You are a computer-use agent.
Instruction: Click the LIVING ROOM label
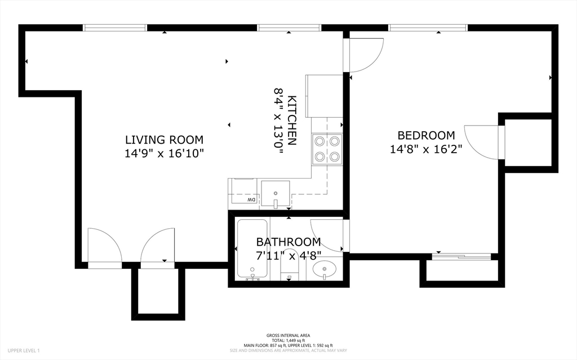pyautogui.click(x=164, y=140)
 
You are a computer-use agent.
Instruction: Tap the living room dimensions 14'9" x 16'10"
pyautogui.click(x=164, y=153)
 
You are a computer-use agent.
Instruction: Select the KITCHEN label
pyautogui.click(x=292, y=121)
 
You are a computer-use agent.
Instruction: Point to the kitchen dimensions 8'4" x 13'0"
pyautogui.click(x=278, y=121)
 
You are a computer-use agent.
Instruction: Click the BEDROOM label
pyautogui.click(x=426, y=135)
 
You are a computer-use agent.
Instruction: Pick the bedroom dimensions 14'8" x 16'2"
pyautogui.click(x=426, y=149)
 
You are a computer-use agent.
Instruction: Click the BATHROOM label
pyautogui.click(x=288, y=242)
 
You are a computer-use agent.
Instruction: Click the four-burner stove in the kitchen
pyautogui.click(x=327, y=149)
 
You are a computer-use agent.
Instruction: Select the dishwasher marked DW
pyautogui.click(x=244, y=192)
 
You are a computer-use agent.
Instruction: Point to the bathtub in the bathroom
pyautogui.click(x=253, y=248)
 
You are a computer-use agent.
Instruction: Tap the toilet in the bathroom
pyautogui.click(x=289, y=265)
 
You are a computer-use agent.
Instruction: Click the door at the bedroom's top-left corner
pyautogui.click(x=365, y=54)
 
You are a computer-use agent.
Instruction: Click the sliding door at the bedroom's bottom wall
pyautogui.click(x=461, y=257)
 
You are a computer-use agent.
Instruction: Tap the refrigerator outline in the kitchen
pyautogui.click(x=324, y=96)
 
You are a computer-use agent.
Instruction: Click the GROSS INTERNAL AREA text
pyautogui.click(x=288, y=335)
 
